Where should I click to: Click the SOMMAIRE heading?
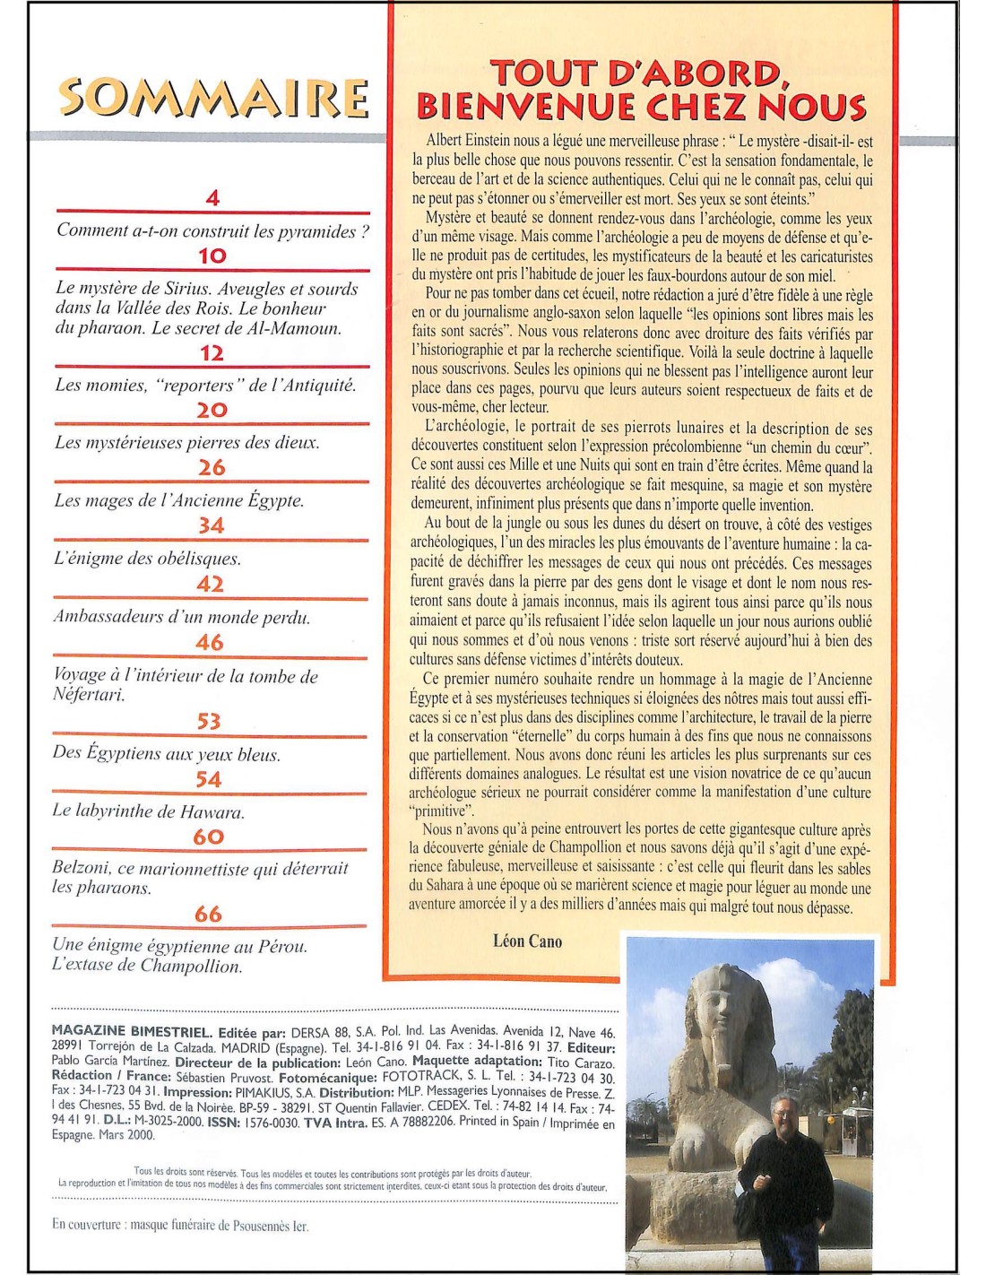pos(213,98)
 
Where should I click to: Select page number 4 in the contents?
pos(212,198)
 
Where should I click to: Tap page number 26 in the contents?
pos(212,467)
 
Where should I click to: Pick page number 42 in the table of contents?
pos(210,584)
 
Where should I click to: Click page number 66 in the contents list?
pos(208,914)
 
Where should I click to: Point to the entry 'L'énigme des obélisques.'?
pos(148,559)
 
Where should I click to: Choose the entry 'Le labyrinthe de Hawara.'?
pos(148,812)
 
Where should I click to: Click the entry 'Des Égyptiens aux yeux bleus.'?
pos(166,753)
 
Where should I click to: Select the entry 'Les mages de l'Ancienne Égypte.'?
pos(179,500)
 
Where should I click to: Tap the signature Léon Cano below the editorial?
pos(527,941)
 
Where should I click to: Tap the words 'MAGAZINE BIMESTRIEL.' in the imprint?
pos(132,1032)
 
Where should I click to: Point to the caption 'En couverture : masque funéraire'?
pos(179,1226)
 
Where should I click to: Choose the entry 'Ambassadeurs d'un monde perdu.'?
pos(182,617)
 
